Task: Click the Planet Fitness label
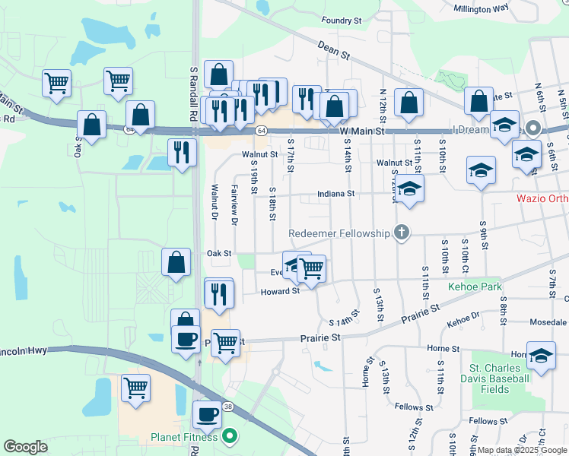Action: (185, 437)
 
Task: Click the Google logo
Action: (26, 447)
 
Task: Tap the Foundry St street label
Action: (339, 21)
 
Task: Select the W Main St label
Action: (362, 131)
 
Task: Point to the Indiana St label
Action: (336, 194)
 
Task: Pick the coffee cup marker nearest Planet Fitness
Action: (207, 415)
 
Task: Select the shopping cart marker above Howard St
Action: (312, 268)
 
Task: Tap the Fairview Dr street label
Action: (234, 206)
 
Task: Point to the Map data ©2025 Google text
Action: (522, 450)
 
